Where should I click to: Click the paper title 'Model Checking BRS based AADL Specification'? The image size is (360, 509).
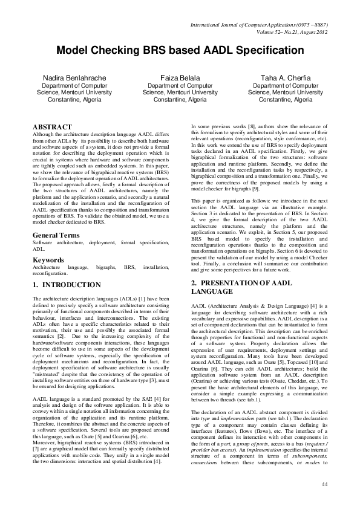tap(180, 53)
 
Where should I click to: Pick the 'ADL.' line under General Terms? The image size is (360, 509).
tap(38, 248)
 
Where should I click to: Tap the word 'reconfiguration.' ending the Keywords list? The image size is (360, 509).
tap(53, 273)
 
